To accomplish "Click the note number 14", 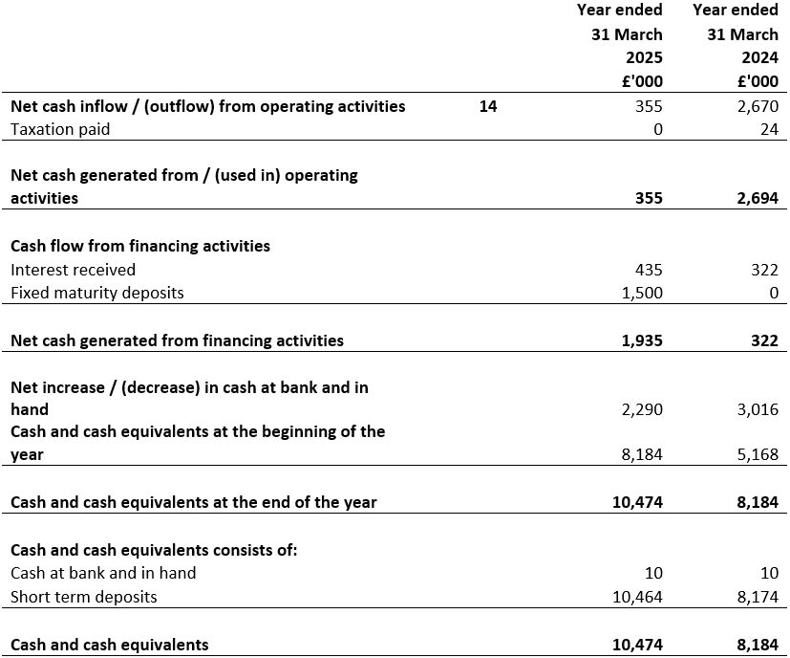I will [488, 106].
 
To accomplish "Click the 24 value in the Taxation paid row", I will [769, 129].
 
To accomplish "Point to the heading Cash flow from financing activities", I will [140, 246].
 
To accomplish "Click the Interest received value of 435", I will [649, 270].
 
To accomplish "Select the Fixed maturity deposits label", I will [97, 293].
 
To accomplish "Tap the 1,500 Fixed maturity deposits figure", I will [642, 293].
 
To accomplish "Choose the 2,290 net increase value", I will [642, 409].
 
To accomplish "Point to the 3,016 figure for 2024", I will [758, 409].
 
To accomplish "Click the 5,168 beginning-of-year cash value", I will [758, 455].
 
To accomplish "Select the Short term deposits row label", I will [84, 597].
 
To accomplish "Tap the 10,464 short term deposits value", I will [637, 597].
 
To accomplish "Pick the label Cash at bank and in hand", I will [103, 573].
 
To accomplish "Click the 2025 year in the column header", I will [644, 57].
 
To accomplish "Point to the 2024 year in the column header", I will [759, 57].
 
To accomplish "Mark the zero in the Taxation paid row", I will [657, 129].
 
